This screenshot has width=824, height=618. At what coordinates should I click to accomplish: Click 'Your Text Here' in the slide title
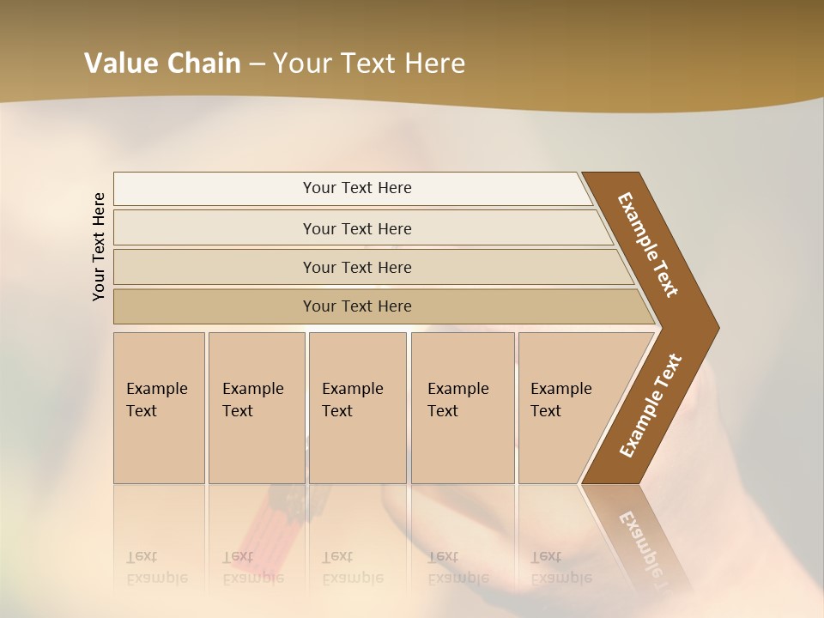coord(369,64)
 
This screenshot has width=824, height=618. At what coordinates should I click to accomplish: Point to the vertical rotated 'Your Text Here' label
coord(99,247)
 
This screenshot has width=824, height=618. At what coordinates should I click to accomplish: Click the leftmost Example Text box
coord(159,408)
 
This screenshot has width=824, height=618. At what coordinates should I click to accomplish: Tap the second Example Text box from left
coord(256,408)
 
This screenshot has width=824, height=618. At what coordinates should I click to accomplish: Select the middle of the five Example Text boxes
coord(357,408)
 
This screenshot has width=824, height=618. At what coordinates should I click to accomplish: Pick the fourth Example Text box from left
coord(463,408)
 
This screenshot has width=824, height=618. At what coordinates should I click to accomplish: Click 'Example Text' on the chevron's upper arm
coord(648,245)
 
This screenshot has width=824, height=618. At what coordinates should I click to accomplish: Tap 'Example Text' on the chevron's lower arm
coord(651,406)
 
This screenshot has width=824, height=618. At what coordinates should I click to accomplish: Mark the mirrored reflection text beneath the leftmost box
coord(156,566)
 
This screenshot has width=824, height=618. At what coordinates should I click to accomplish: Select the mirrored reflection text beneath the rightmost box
coord(560,566)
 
